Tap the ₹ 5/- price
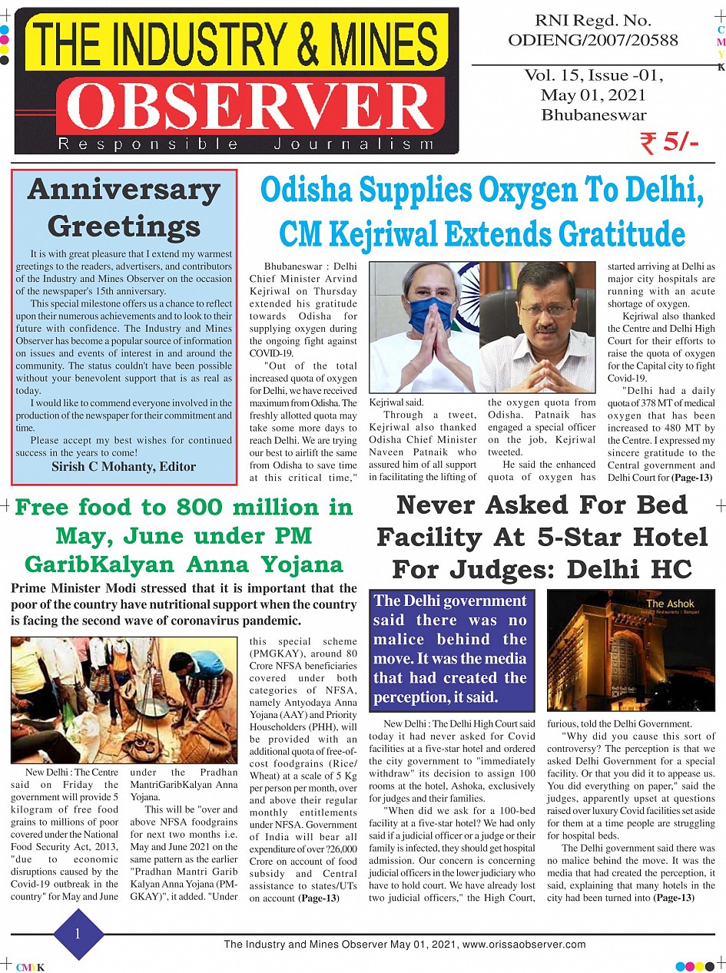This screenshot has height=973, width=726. point(668,143)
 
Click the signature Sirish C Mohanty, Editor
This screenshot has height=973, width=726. point(124,466)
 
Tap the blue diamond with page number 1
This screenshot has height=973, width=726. point(78,934)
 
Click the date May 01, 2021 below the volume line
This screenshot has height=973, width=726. point(593,95)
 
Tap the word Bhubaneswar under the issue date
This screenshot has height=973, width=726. point(593,115)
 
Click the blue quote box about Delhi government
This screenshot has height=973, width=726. point(450,649)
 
